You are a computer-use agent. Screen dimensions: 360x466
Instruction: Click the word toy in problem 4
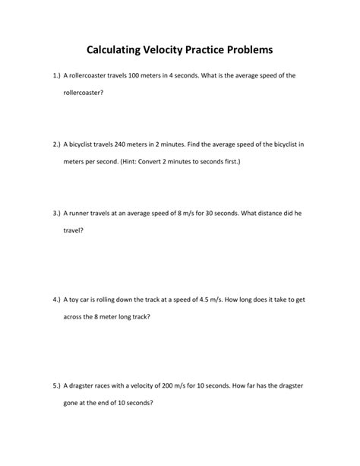pos(74,300)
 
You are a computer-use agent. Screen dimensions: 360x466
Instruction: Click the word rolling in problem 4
pos(112,300)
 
